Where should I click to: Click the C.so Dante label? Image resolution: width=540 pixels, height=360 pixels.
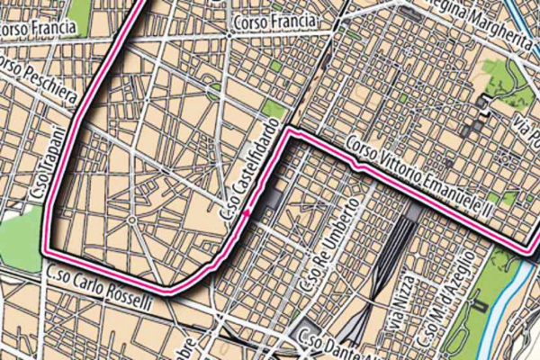333,340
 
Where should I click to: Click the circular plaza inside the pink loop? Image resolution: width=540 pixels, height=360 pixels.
131,220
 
